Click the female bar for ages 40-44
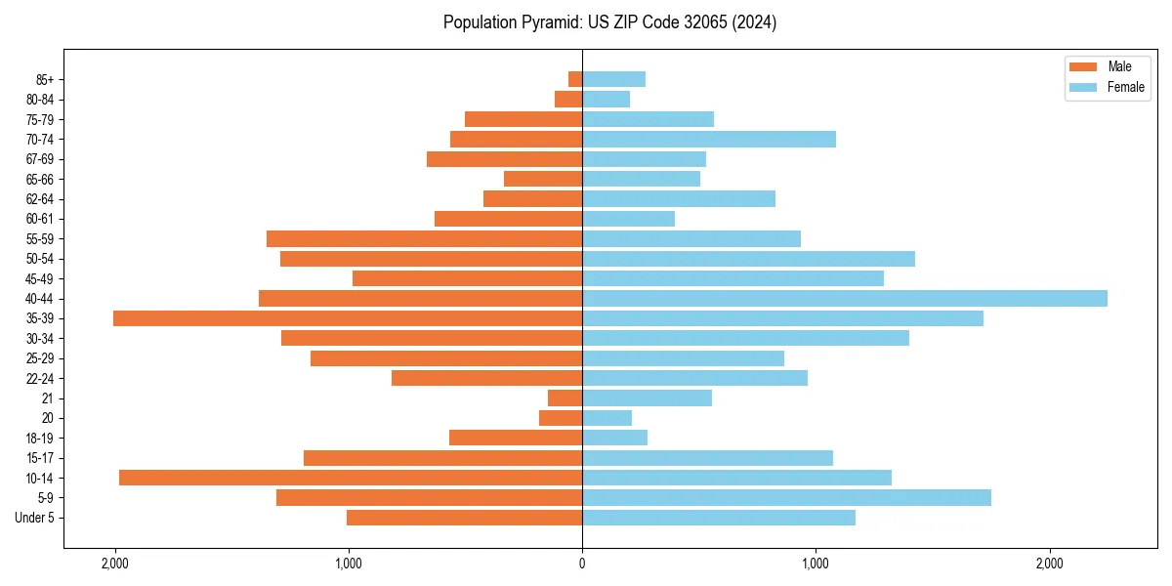point(845,298)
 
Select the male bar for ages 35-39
point(348,318)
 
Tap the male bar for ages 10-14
point(351,478)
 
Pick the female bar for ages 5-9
point(786,497)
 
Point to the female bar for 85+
point(614,79)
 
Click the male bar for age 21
point(565,398)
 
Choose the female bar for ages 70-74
point(709,139)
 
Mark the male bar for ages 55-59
point(425,238)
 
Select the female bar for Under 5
point(719,518)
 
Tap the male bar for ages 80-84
point(568,99)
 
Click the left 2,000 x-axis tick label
point(115,564)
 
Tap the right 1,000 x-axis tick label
point(816,564)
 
